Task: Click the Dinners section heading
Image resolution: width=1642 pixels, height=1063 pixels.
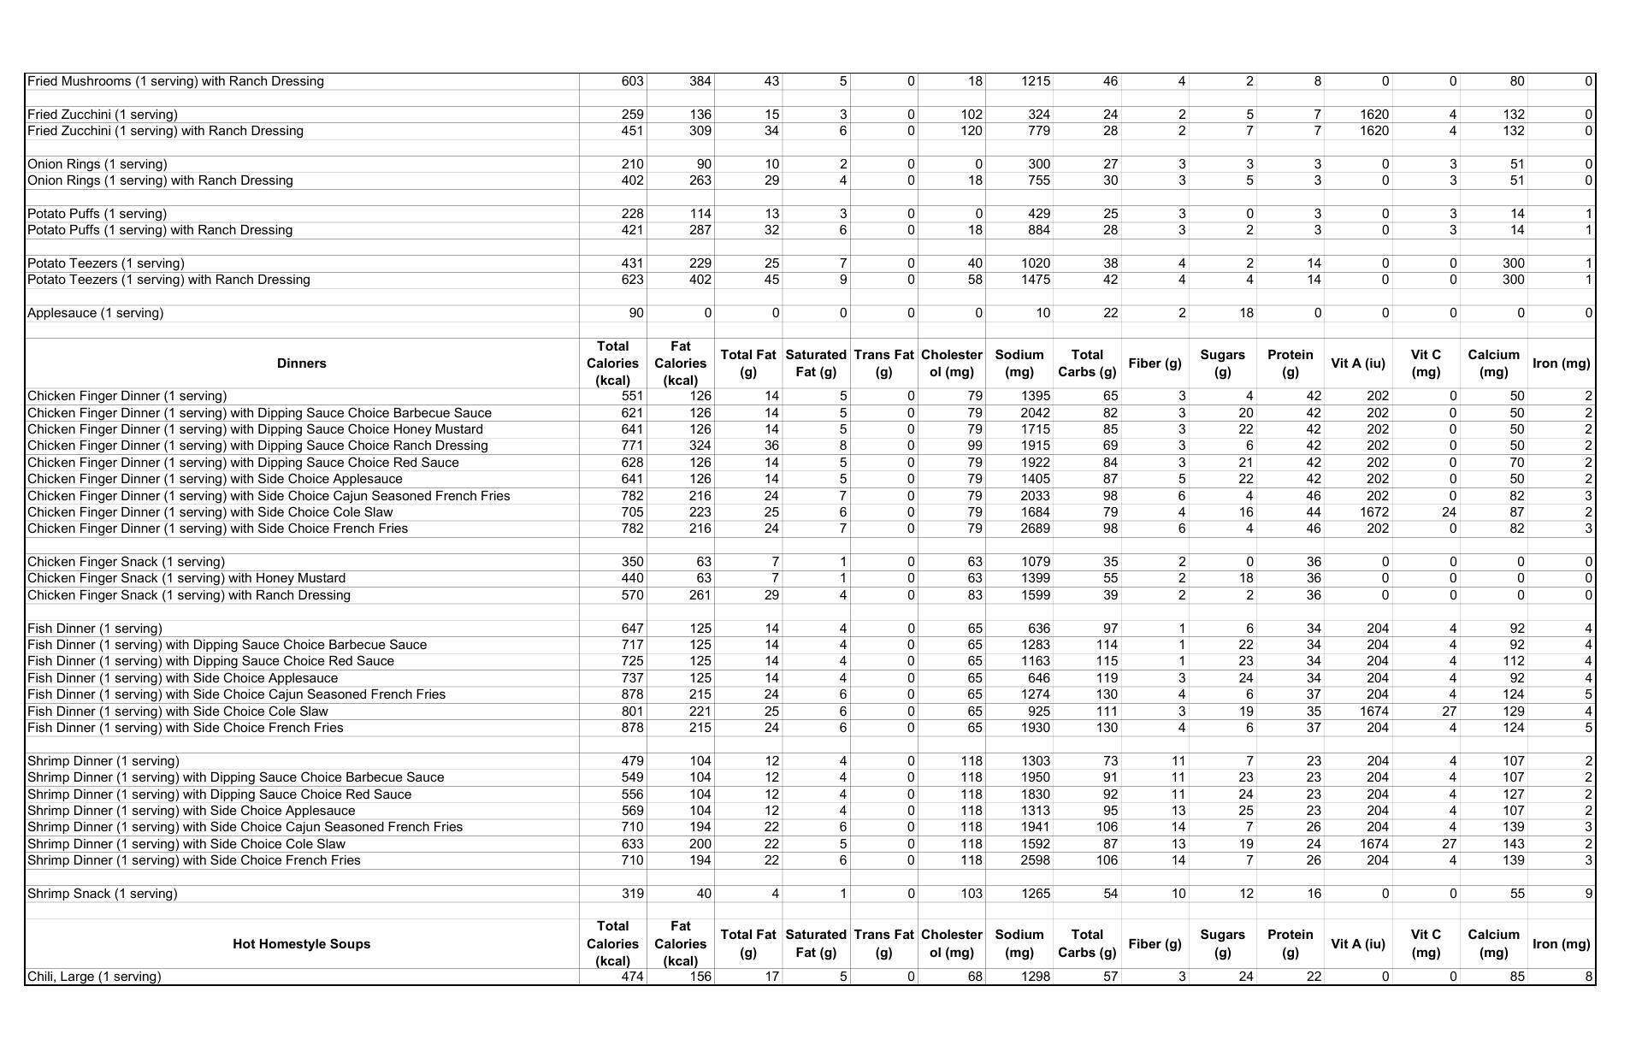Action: tap(301, 363)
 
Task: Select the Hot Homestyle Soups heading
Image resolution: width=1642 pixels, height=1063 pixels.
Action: tap(301, 944)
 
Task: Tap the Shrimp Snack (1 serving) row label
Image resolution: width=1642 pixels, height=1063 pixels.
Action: tap(103, 894)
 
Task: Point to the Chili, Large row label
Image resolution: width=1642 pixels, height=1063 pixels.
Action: tap(94, 977)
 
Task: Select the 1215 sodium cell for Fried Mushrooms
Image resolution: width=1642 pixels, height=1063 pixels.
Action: tap(1035, 81)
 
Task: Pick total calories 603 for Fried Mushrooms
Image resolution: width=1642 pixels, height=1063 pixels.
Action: tap(632, 81)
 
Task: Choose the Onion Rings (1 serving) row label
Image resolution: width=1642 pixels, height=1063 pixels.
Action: tap(97, 164)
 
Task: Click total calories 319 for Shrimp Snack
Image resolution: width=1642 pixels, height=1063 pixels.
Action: tap(632, 894)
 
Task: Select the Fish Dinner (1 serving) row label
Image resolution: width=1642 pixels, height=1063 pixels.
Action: tap(95, 629)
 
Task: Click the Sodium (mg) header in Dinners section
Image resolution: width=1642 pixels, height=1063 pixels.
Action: tap(1019, 363)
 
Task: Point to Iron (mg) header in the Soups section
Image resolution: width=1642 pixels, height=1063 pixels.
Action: tap(1561, 944)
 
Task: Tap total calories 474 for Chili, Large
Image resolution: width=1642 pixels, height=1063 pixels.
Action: tap(632, 977)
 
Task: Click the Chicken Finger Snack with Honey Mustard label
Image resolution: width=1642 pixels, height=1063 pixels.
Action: tap(186, 578)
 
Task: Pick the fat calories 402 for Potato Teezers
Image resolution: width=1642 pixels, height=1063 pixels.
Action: tap(700, 280)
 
